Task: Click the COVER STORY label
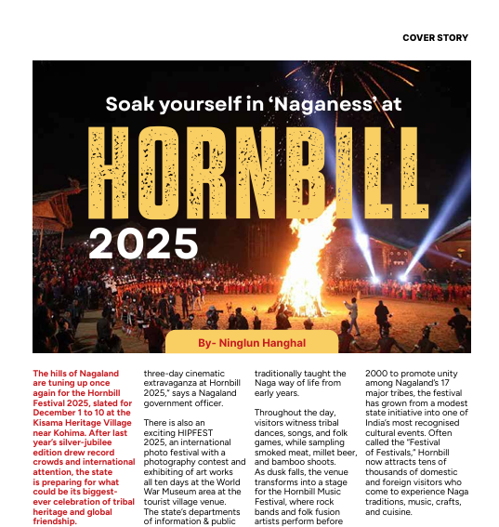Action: tap(435, 38)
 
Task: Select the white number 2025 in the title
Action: tap(143, 244)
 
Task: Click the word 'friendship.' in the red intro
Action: tap(55, 521)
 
